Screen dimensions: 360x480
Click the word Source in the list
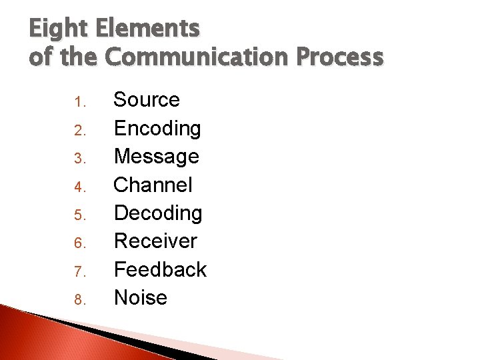(147, 100)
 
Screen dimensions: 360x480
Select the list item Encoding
(157, 129)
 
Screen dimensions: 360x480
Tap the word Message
(157, 157)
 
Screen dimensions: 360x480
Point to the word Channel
(153, 185)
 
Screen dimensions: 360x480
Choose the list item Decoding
(158, 213)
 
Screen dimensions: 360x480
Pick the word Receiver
(155, 241)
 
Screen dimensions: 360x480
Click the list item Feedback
(160, 269)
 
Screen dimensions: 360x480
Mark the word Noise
(141, 297)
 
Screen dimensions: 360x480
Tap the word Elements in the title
(147, 29)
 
